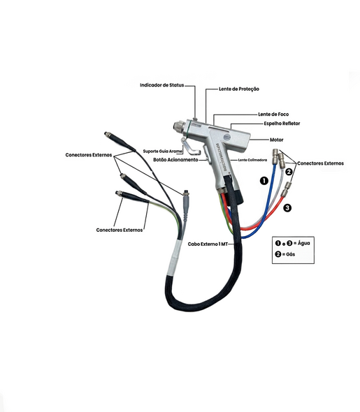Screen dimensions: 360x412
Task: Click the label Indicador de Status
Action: (x=161, y=85)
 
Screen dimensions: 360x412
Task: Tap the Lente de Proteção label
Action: (x=239, y=89)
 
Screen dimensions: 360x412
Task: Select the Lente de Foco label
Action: (x=273, y=115)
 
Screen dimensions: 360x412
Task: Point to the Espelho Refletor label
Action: (x=282, y=124)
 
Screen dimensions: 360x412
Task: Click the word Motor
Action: (x=277, y=140)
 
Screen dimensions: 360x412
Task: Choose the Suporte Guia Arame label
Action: (x=162, y=152)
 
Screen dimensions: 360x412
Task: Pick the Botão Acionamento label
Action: (x=175, y=160)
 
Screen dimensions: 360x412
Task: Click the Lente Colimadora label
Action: (x=252, y=160)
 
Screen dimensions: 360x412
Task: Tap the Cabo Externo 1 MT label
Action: (x=208, y=244)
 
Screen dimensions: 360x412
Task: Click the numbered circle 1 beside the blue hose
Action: (x=264, y=181)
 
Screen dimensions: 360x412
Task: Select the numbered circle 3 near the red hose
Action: (x=287, y=208)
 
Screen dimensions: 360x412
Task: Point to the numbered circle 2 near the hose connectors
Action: (x=289, y=172)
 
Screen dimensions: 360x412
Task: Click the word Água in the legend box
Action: (x=304, y=243)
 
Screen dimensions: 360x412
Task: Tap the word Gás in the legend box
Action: (x=290, y=254)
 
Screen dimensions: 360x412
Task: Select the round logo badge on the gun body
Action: (x=226, y=137)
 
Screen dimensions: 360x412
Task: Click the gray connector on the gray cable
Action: (x=186, y=204)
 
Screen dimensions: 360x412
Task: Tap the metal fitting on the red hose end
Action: (x=287, y=189)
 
